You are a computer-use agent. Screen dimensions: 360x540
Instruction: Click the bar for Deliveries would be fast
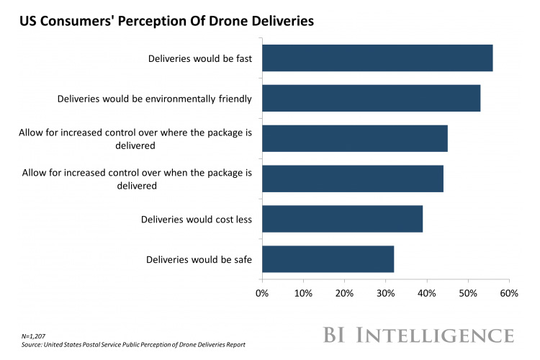[x=377, y=58]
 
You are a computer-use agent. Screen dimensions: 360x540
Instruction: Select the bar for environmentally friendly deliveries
[x=371, y=98]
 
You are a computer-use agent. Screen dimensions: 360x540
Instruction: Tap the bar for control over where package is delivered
[x=354, y=138]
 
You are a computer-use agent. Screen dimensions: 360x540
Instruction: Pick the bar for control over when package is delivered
[x=352, y=179]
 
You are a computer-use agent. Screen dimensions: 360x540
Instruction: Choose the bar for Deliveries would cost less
[x=342, y=219]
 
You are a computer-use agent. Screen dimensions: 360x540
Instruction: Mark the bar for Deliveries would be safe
[x=328, y=259]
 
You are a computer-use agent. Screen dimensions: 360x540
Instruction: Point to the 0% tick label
[x=262, y=294]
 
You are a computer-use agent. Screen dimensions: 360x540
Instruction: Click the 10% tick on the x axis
[x=303, y=294]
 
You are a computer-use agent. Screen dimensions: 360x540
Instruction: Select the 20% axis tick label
[x=344, y=294]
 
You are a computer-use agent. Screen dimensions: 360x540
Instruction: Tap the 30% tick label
[x=386, y=294]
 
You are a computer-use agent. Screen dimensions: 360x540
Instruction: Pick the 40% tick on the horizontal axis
[x=427, y=294]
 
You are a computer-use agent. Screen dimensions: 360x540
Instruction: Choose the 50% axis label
[x=468, y=294]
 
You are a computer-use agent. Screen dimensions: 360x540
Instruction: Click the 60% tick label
[x=509, y=294]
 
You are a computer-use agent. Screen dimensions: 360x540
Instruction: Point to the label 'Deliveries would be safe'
[x=199, y=259]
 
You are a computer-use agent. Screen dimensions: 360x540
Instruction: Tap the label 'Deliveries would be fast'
[x=199, y=58]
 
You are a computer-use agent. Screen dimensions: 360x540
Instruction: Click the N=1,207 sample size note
[x=33, y=336]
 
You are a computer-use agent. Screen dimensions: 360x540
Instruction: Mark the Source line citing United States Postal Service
[x=133, y=345]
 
